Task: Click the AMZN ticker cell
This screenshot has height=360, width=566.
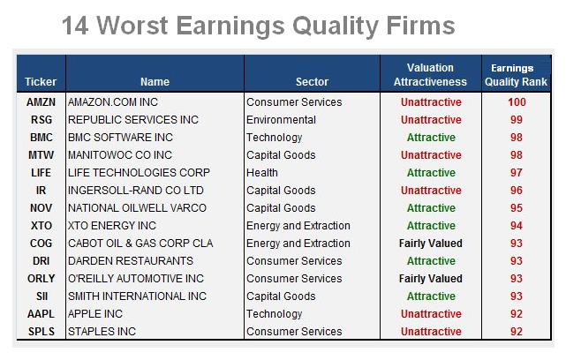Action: tap(41, 102)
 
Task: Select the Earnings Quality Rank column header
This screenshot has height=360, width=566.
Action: tap(516, 75)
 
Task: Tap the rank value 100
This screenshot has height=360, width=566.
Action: tap(517, 102)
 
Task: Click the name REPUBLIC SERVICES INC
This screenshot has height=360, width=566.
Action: tap(133, 120)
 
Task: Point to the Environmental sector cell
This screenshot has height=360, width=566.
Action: tap(281, 120)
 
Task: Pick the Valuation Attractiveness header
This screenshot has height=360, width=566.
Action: tap(430, 75)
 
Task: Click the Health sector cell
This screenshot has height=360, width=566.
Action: tap(262, 173)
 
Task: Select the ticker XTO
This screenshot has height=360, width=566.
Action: tap(42, 226)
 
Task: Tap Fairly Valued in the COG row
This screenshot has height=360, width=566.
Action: tap(431, 244)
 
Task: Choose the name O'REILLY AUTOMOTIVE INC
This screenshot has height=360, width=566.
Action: tap(136, 279)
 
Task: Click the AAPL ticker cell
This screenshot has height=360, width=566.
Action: tap(41, 314)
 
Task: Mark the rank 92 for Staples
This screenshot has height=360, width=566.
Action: tap(517, 332)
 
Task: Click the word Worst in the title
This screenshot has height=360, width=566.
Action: tap(132, 26)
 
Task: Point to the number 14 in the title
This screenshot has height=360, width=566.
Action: tap(75, 26)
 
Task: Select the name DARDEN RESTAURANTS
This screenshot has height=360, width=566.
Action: tap(131, 261)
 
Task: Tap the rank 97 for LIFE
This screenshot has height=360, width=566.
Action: tap(517, 173)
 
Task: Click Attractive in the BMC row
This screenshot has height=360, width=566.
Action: tap(431, 138)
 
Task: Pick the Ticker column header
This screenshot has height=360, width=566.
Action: tap(41, 82)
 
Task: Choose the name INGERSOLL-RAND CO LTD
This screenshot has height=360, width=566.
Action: tap(136, 191)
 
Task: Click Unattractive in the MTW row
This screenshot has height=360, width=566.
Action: tap(431, 155)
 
